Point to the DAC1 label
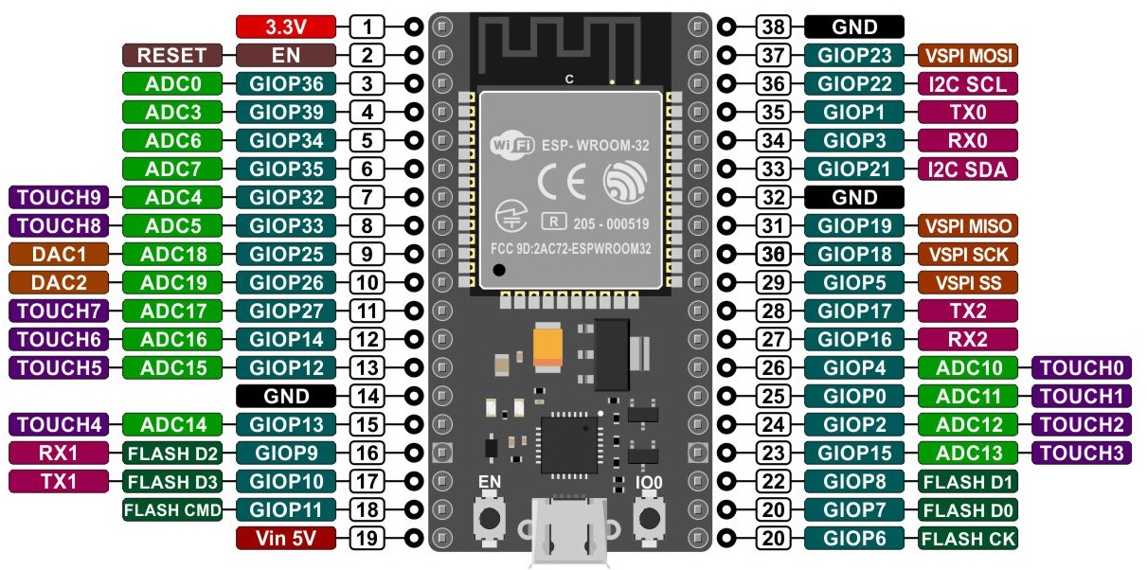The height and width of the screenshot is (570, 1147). point(58,254)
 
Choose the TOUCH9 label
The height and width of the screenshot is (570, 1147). point(58,197)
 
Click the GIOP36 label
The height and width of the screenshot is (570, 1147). point(285,83)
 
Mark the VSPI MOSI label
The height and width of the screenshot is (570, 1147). point(967,55)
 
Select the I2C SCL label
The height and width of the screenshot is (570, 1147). point(967,83)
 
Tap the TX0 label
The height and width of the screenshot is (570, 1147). point(967,112)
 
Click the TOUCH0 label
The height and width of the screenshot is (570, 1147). point(1081,367)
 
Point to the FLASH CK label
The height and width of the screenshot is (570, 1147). point(967,539)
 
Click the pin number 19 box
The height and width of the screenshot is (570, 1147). point(367,540)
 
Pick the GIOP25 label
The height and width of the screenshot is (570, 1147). point(285,254)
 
